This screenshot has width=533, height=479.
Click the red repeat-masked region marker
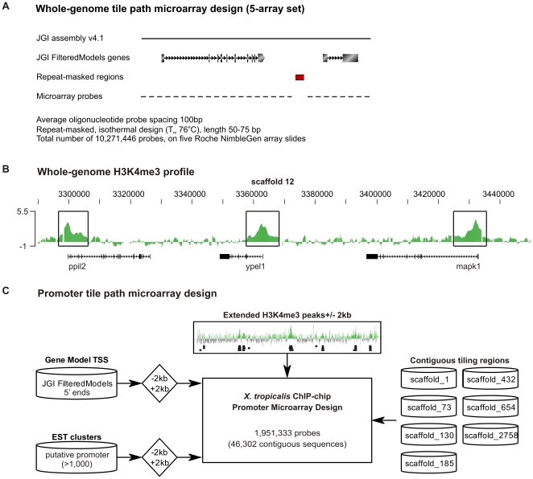[x=300, y=77]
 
